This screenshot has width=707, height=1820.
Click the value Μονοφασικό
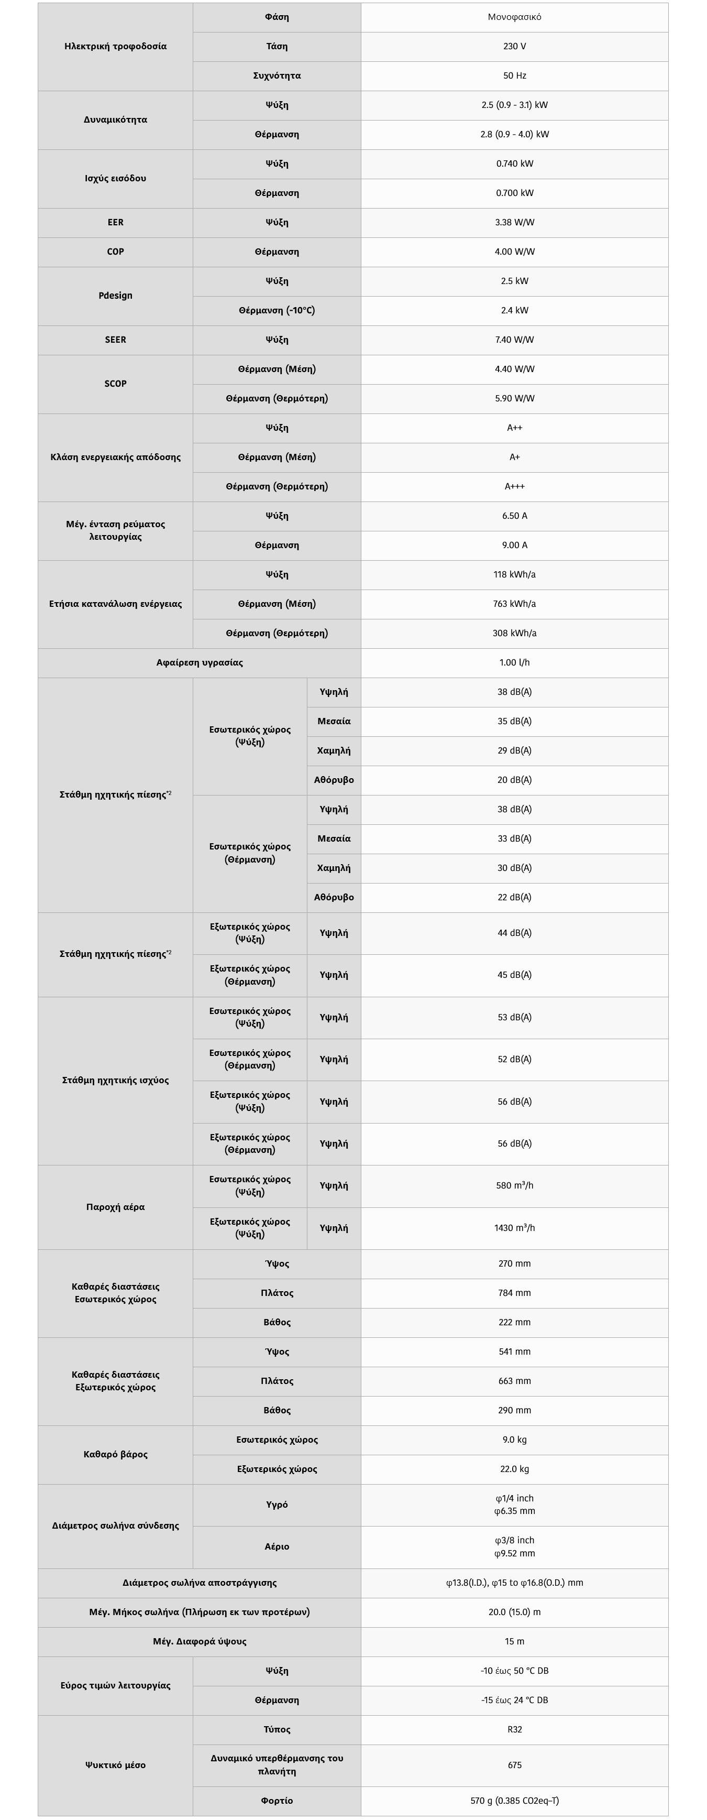tap(514, 17)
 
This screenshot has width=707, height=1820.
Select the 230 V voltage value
tap(514, 47)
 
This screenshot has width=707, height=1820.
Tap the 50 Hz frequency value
tap(514, 75)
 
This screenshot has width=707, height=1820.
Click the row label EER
tap(115, 223)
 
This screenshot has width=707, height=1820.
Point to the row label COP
tap(115, 252)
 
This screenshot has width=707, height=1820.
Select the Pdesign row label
tap(115, 296)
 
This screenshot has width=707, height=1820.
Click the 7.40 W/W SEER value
tap(514, 340)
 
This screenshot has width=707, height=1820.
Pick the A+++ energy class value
tap(514, 487)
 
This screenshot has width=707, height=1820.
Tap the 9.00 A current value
tap(514, 546)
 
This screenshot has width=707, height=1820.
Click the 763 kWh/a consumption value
tap(514, 604)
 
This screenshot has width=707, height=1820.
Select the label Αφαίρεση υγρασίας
tap(199, 663)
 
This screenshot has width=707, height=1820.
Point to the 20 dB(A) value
tap(514, 780)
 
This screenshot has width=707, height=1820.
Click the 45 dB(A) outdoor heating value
tap(514, 975)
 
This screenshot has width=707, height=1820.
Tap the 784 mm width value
tap(514, 1293)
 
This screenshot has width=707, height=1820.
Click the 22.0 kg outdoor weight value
tap(514, 1469)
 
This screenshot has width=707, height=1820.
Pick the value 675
tap(514, 1765)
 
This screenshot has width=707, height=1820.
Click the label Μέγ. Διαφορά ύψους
tap(199, 1641)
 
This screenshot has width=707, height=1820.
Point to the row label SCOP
tap(115, 384)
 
